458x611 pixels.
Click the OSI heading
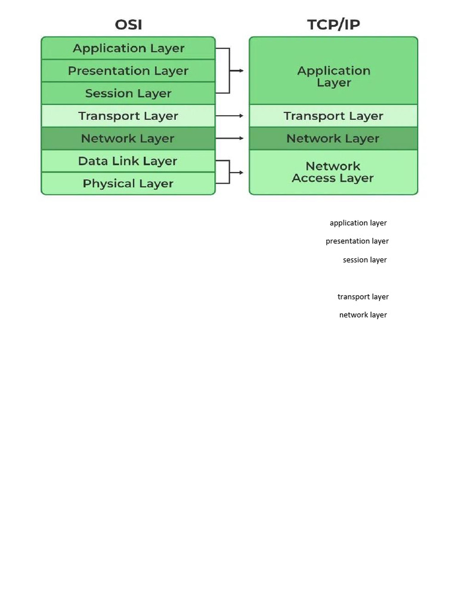pyautogui.click(x=128, y=24)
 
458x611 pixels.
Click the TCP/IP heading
pyautogui.click(x=333, y=24)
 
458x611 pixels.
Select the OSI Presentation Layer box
pyautogui.click(x=128, y=71)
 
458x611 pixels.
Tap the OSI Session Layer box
pyautogui.click(x=128, y=94)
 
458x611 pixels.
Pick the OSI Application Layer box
pyautogui.click(x=128, y=48)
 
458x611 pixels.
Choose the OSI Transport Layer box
pyautogui.click(x=128, y=116)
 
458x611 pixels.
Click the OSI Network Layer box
pyautogui.click(x=128, y=138)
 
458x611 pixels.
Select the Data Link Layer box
pyautogui.click(x=128, y=161)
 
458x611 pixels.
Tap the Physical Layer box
pyautogui.click(x=128, y=184)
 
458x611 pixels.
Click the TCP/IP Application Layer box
pyautogui.click(x=333, y=76)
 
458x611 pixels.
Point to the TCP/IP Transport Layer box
pyautogui.click(x=333, y=116)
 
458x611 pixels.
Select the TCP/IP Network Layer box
pyautogui.click(x=333, y=138)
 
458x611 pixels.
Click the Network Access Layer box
pyautogui.click(x=333, y=172)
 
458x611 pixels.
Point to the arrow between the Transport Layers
pyautogui.click(x=229, y=116)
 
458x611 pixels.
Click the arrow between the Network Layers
pyautogui.click(x=229, y=138)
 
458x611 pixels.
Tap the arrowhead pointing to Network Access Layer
pyautogui.click(x=241, y=172)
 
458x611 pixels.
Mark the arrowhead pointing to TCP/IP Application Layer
pyautogui.click(x=241, y=71)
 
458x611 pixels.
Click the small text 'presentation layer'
pyautogui.click(x=357, y=241)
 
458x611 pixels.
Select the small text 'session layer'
pyautogui.click(x=365, y=260)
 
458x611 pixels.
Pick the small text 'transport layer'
pyautogui.click(x=363, y=297)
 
